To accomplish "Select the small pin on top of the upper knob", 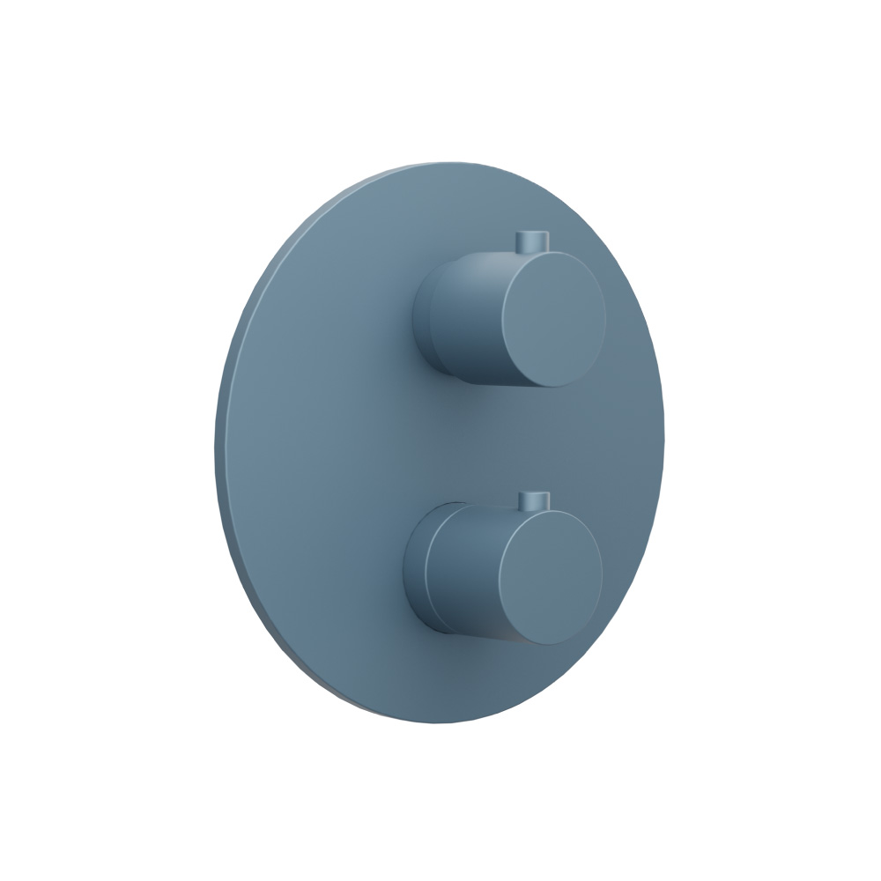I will (530, 241).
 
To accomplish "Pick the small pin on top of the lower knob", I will (533, 500).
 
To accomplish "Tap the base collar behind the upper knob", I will (423, 317).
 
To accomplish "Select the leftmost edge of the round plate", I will (217, 440).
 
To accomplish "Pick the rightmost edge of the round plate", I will (662, 440).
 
